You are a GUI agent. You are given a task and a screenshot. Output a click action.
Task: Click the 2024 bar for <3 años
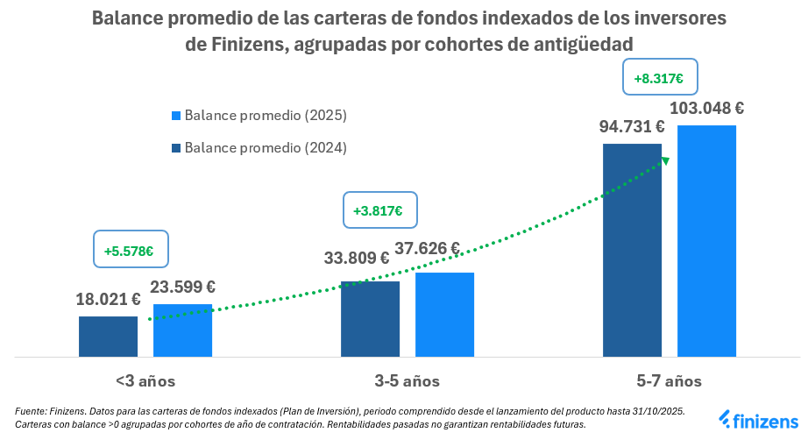click(108, 337)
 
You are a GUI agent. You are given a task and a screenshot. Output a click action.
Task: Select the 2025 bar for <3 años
click(182, 330)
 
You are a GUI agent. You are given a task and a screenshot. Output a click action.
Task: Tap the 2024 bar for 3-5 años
click(370, 319)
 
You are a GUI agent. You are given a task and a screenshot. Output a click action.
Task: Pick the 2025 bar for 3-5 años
click(444, 315)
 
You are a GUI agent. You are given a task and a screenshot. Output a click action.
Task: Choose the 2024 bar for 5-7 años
click(632, 250)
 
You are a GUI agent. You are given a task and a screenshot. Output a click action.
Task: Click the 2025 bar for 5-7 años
click(706, 241)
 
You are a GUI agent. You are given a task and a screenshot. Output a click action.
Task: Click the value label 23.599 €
click(184, 286)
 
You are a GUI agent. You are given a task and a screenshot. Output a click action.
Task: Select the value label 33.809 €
click(357, 258)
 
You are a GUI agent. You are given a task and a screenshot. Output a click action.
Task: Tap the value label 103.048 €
click(706, 109)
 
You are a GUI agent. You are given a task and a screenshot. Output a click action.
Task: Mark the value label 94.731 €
click(632, 127)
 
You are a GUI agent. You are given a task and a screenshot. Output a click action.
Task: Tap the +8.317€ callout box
click(658, 78)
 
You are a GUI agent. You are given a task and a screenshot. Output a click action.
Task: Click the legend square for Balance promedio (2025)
click(176, 116)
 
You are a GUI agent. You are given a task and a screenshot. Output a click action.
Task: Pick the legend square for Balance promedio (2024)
click(176, 148)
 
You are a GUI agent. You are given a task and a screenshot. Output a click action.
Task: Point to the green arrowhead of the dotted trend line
click(664, 160)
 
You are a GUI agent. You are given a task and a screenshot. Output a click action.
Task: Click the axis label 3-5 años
click(407, 381)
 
